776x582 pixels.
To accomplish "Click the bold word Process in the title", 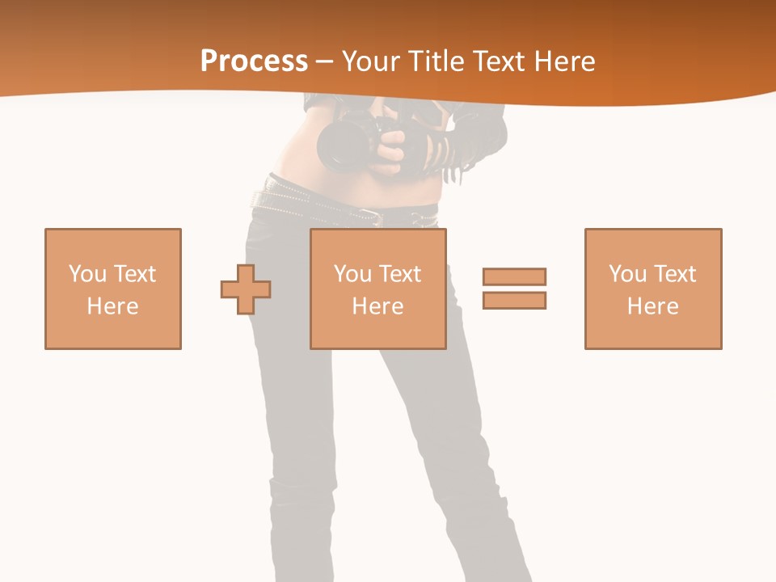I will click(x=254, y=61).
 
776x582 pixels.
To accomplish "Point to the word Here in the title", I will click(x=565, y=61).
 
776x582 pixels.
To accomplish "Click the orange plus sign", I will click(x=246, y=289).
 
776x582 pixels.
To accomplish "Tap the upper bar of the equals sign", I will click(x=514, y=277).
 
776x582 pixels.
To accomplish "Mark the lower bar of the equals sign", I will click(x=514, y=300).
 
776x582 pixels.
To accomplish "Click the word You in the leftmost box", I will click(x=87, y=274).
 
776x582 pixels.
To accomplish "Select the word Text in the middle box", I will click(x=400, y=274).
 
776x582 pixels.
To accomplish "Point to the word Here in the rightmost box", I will click(x=653, y=306).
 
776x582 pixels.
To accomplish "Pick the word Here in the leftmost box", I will click(x=113, y=306).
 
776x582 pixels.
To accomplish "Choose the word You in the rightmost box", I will click(x=627, y=274).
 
